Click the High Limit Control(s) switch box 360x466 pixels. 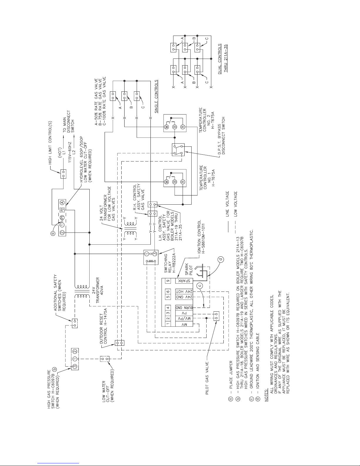[63, 174]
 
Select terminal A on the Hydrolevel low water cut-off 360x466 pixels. [62, 203]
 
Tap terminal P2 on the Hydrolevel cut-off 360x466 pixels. [62, 210]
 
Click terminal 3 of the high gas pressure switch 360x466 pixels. [75, 367]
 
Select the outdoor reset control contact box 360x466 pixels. [120, 343]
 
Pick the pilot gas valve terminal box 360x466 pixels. [216, 316]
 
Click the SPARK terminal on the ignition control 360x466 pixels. [184, 281]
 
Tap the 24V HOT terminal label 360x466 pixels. [184, 291]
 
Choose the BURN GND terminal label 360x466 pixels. [184, 308]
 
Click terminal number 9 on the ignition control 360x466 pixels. [168, 281]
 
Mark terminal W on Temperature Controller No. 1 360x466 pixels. [167, 182]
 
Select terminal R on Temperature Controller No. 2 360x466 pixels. [182, 127]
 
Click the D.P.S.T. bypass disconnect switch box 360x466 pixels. [178, 150]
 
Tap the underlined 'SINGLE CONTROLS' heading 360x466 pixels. [156, 96]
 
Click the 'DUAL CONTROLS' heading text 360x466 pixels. [220, 59]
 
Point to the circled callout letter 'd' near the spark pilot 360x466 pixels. [221, 260]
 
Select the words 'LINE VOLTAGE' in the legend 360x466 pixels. [227, 204]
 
